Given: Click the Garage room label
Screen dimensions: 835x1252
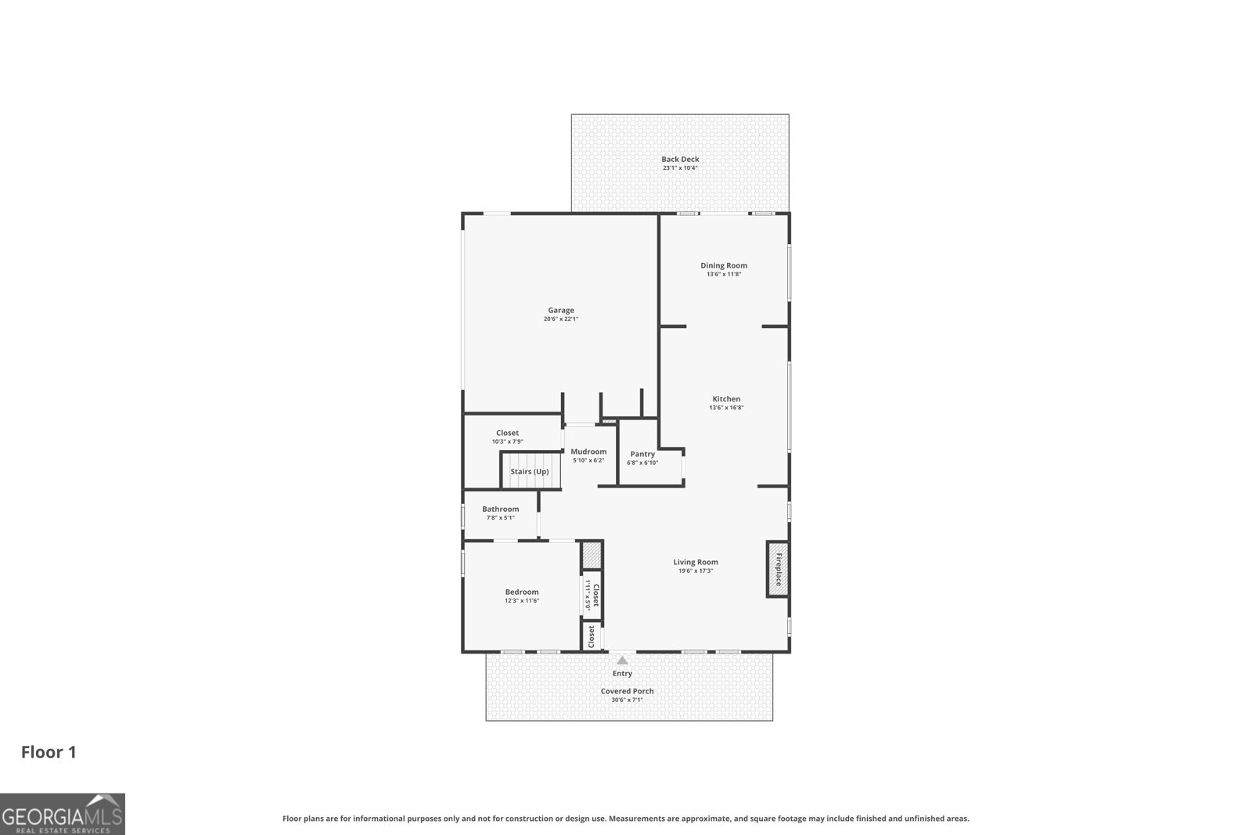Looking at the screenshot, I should tap(560, 311).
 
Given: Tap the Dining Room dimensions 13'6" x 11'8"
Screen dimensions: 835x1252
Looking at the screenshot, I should tap(724, 274).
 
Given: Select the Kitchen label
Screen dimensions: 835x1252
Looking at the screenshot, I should tap(725, 399).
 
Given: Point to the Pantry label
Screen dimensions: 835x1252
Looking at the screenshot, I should tap(642, 454).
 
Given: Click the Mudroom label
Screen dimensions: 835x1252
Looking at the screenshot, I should tap(588, 452).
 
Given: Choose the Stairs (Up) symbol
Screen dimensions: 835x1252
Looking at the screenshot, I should tap(530, 471).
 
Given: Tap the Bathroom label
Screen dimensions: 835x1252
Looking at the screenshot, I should tap(500, 509).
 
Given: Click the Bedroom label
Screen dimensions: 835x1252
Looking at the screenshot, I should tap(521, 592).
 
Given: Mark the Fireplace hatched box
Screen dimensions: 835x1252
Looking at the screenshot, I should tap(778, 569).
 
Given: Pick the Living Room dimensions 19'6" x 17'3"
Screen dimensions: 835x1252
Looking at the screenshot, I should tap(696, 570).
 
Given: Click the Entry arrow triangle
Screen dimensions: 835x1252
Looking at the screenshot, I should tap(622, 660).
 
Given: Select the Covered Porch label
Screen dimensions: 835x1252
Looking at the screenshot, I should tap(627, 691).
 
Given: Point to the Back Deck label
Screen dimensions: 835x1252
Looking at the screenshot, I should tap(680, 159).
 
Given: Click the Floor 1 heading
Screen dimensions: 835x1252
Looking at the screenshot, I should tap(49, 752).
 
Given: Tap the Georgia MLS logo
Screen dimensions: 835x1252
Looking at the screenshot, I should tap(63, 814).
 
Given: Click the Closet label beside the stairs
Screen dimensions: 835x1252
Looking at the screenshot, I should tap(507, 433).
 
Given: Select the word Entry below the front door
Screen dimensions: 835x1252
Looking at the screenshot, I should tap(622, 673).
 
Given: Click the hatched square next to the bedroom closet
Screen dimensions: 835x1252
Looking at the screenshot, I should tap(592, 556).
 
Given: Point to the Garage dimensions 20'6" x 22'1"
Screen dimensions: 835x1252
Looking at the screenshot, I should tap(560, 319).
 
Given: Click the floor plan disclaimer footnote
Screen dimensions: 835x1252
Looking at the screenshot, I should tap(625, 819).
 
